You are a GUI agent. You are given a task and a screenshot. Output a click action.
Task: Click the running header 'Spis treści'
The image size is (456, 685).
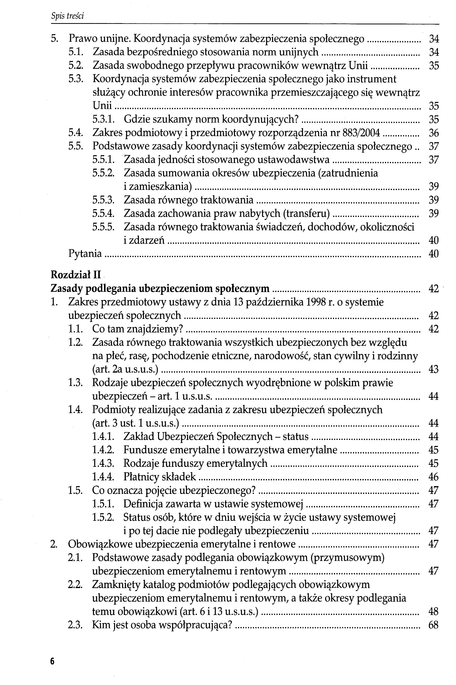pyautogui.click(x=67, y=16)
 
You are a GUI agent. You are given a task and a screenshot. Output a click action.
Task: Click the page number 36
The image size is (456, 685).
pyautogui.click(x=434, y=133)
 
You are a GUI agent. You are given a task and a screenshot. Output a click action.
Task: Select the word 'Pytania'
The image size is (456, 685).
pyautogui.click(x=85, y=254)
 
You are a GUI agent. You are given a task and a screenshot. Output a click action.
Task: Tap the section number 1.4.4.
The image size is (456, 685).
pyautogui.click(x=103, y=477)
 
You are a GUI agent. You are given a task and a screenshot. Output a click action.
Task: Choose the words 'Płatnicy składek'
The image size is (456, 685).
pyautogui.click(x=160, y=477)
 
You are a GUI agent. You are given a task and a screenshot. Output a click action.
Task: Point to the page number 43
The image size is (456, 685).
pyautogui.click(x=433, y=369)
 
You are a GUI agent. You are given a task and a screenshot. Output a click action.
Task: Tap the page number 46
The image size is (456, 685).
pyautogui.click(x=433, y=477)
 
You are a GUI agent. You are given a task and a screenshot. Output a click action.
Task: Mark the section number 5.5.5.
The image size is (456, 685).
pyautogui.click(x=103, y=227)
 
